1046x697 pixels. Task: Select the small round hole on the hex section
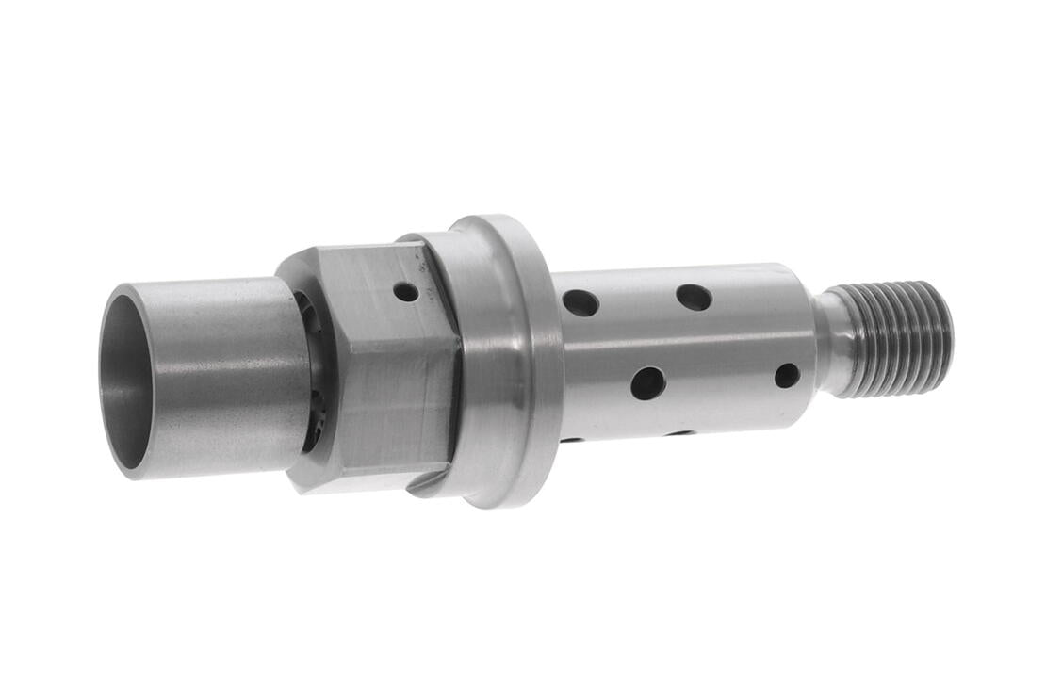tap(406, 292)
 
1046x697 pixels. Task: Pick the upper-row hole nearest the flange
tap(580, 302)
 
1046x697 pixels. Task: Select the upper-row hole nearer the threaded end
tap(694, 298)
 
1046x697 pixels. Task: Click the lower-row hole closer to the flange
tap(648, 382)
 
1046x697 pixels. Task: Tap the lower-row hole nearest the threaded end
tap(787, 376)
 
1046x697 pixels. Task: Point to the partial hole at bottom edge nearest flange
tap(571, 438)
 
